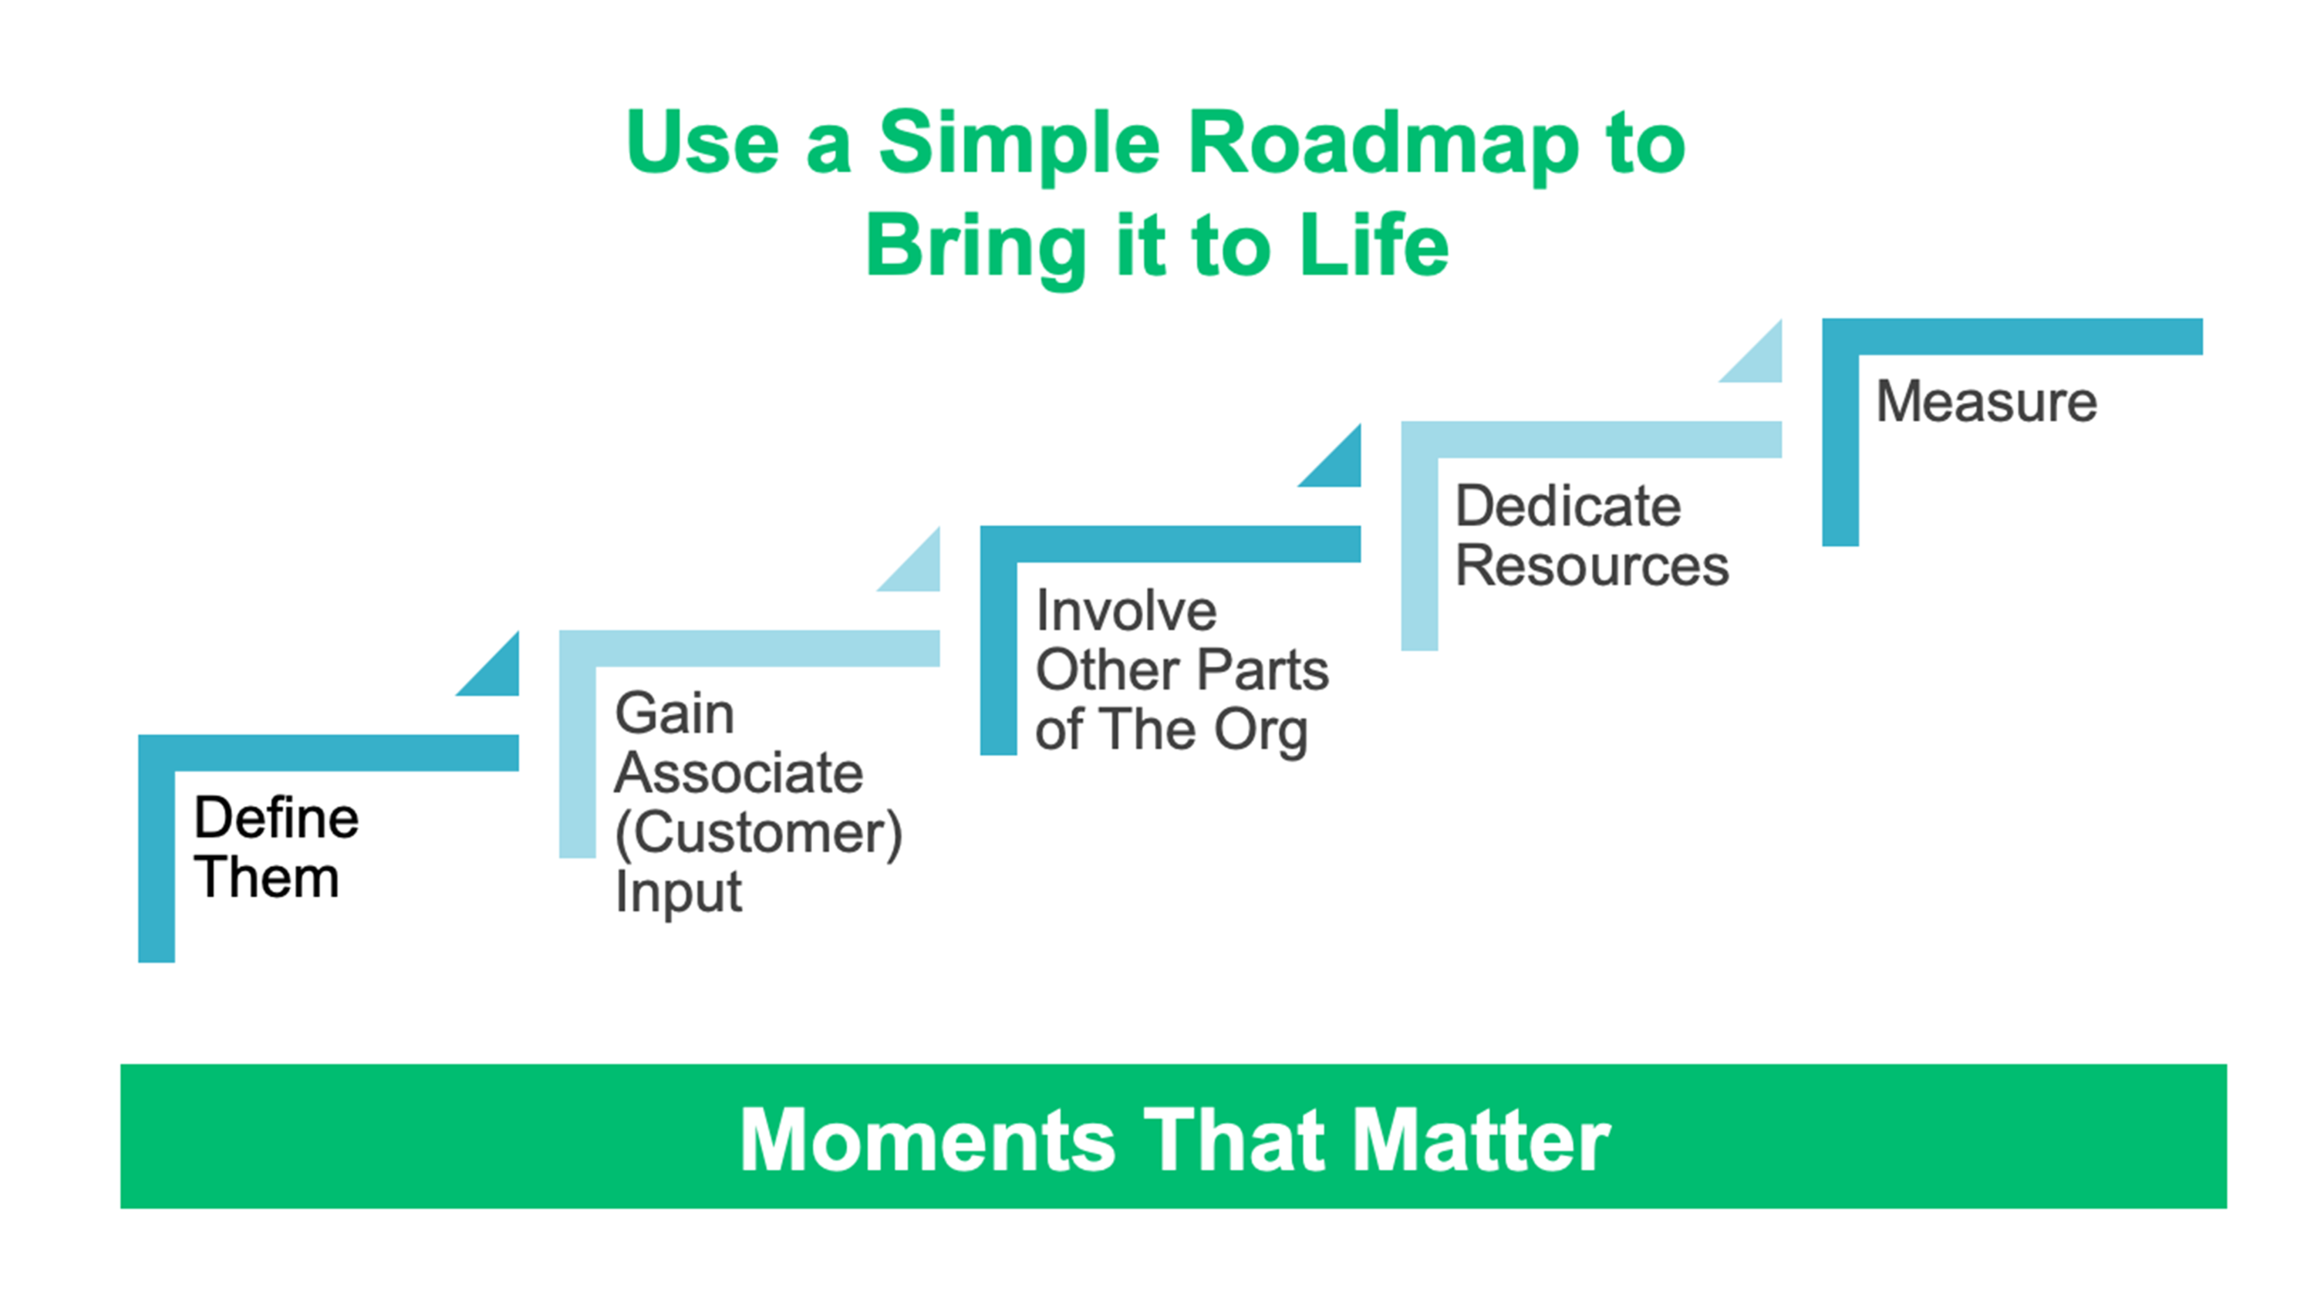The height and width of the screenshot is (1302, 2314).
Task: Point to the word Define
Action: (277, 818)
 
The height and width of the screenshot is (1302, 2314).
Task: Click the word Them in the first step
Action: (267, 877)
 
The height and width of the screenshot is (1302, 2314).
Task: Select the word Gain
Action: (675, 714)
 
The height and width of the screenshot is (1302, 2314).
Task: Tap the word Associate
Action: (738, 773)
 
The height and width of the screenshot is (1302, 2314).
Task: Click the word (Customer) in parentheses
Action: (759, 834)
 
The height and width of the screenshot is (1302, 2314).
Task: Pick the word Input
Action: (678, 893)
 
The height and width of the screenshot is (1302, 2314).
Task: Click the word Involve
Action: (1126, 611)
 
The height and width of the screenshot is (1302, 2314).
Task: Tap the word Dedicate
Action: (1568, 506)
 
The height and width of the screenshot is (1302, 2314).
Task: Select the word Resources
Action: (1592, 565)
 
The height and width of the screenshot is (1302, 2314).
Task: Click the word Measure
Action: (1987, 401)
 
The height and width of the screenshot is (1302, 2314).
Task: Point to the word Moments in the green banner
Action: (927, 1139)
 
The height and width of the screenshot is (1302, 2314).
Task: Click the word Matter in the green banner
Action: (1483, 1139)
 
